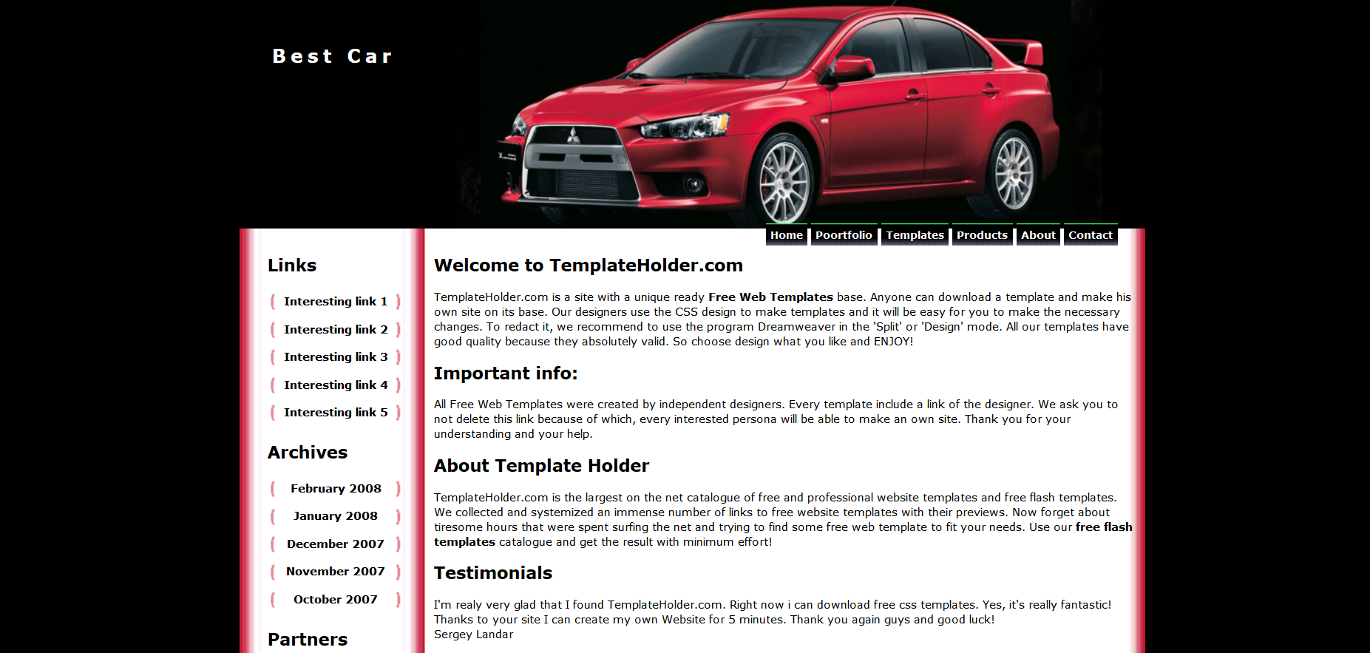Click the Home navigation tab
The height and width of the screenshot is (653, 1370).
tap(786, 235)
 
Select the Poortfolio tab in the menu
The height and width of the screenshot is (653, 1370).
tap(844, 235)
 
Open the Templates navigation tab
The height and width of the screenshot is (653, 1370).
tap(915, 235)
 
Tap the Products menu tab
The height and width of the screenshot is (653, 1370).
tap(982, 235)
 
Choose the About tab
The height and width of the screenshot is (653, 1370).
tap(1038, 235)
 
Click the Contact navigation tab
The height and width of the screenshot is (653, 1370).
tap(1090, 235)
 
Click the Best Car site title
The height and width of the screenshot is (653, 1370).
tap(332, 56)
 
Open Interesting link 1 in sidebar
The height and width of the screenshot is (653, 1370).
tap(335, 302)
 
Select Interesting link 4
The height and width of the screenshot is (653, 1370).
tap(335, 385)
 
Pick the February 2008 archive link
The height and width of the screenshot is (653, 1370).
tap(336, 489)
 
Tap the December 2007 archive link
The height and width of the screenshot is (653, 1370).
tap(336, 544)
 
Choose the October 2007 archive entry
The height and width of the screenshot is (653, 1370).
tap(336, 600)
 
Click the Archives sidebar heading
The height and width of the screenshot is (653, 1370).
tap(308, 453)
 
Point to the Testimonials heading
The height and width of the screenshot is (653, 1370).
tap(493, 573)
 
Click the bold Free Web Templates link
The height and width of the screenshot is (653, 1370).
tap(770, 297)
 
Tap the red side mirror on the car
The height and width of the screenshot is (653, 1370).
tap(854, 68)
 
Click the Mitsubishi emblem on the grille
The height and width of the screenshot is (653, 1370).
tap(572, 136)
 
